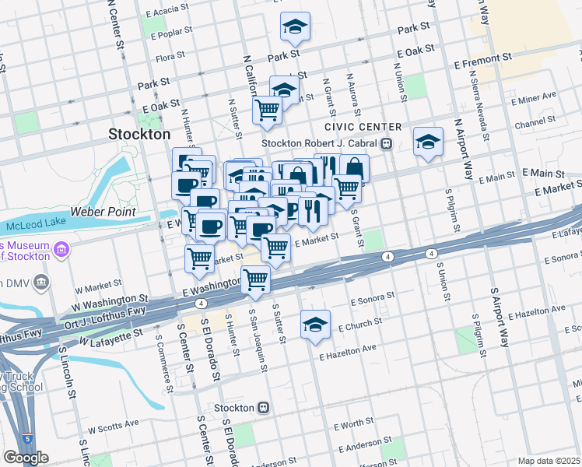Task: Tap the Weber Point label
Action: (x=103, y=211)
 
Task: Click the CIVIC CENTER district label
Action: (x=363, y=127)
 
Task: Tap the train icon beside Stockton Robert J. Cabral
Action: (x=385, y=143)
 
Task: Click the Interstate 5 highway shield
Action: (x=27, y=440)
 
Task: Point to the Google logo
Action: (x=26, y=458)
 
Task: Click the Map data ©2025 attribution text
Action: (x=549, y=461)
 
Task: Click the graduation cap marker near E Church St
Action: (x=315, y=325)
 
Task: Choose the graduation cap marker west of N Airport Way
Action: (x=427, y=142)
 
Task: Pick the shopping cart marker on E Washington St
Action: (x=256, y=280)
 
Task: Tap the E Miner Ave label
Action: (x=533, y=97)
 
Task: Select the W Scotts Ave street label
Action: (x=113, y=426)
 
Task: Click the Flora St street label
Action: (x=171, y=58)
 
